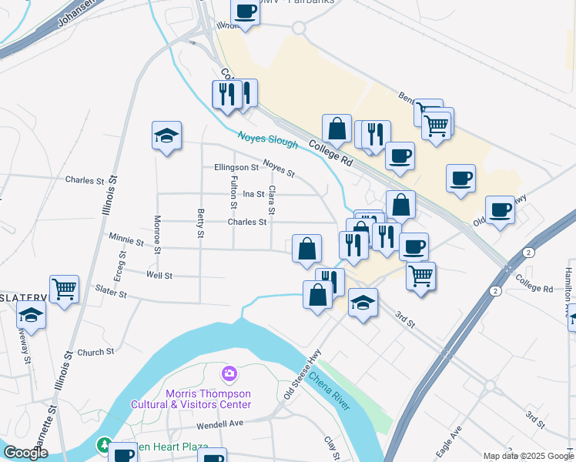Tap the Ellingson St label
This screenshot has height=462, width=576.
[x=236, y=167]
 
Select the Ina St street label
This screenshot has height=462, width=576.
[x=253, y=195]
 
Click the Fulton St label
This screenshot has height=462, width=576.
[x=233, y=191]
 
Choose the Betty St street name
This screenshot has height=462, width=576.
[x=201, y=223]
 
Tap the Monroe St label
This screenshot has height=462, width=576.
[x=157, y=234]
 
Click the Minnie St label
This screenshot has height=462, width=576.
[x=126, y=241]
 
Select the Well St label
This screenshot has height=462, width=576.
[x=159, y=275]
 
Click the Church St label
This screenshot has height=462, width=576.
[x=95, y=352]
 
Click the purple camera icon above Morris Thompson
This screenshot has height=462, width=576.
[x=229, y=375]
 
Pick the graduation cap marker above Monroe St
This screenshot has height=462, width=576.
[x=167, y=136]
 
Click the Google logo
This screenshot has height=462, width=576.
[x=26, y=453]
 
